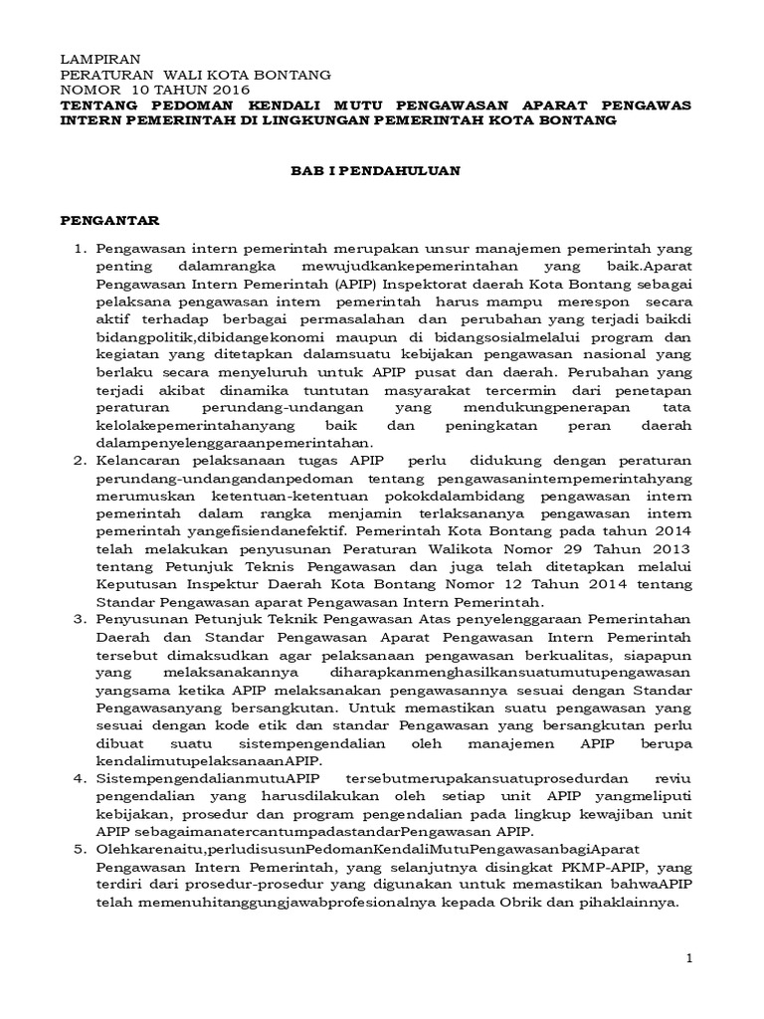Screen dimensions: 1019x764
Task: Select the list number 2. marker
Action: click(83, 462)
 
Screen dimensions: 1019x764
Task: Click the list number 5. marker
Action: click(83, 850)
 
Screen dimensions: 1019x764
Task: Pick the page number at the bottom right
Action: click(688, 957)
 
